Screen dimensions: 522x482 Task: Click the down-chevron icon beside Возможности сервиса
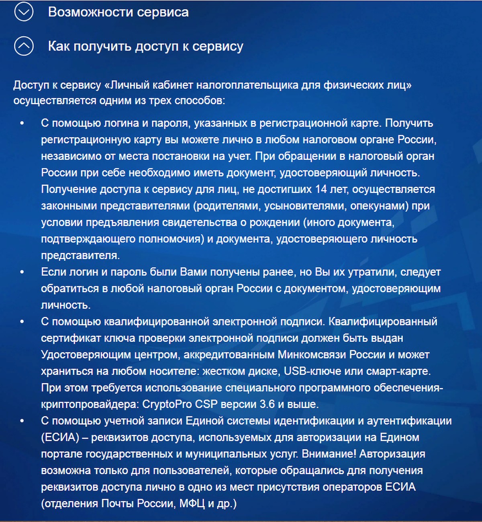[24, 12]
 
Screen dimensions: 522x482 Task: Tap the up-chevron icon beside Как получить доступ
[24, 46]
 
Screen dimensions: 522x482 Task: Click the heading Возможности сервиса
[118, 12]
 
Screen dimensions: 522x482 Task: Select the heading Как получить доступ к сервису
[145, 46]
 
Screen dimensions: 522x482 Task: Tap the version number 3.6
[267, 404]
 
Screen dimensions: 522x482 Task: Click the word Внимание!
[329, 454]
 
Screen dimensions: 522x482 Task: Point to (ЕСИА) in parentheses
[60, 438]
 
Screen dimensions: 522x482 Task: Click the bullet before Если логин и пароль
[22, 272]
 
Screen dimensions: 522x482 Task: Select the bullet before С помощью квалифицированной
[22, 321]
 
